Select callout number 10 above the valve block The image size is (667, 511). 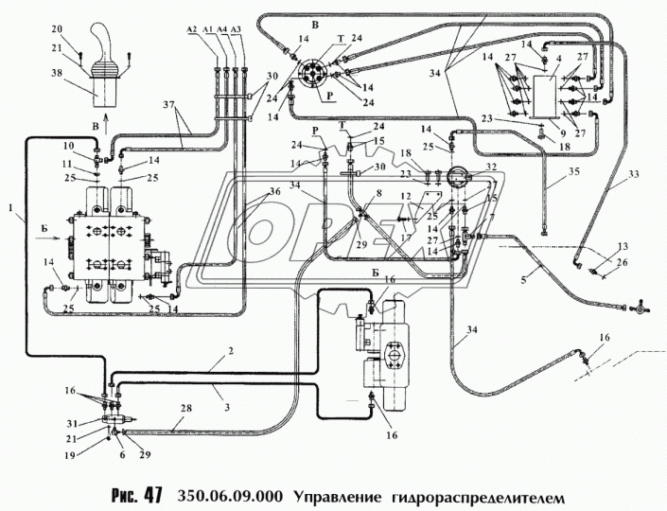point(67,146)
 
